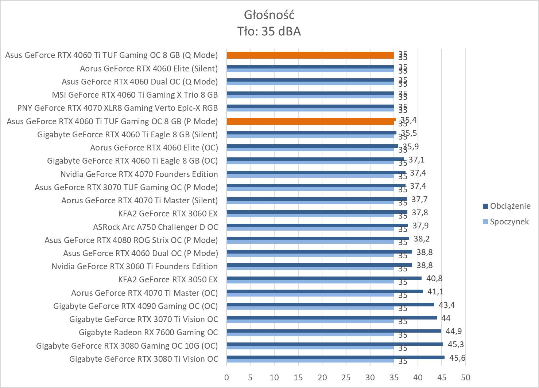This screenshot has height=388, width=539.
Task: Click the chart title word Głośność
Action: (269, 15)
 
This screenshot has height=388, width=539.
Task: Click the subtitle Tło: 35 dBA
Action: (269, 31)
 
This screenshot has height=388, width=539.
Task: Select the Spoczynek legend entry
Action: (509, 222)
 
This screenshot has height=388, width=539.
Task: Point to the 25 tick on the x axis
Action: (346, 377)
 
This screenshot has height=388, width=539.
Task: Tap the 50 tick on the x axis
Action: (465, 377)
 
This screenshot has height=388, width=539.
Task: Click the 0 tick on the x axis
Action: (226, 377)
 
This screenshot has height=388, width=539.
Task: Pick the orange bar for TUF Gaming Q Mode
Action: (310, 55)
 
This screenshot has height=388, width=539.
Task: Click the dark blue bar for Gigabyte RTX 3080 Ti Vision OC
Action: (336, 357)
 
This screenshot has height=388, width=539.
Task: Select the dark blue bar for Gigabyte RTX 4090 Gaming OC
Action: (330, 305)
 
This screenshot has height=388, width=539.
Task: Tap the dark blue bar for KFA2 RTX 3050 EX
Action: (324, 278)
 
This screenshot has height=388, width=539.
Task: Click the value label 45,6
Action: (457, 358)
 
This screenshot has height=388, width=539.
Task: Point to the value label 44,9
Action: (454, 331)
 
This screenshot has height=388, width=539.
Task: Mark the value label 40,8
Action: (434, 278)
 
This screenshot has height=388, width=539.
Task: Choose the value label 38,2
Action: (422, 239)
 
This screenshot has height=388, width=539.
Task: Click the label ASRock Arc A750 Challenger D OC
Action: (155, 227)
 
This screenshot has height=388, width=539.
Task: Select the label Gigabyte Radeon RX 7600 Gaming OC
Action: (148, 332)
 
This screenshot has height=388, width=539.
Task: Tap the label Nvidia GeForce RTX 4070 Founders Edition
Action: (139, 174)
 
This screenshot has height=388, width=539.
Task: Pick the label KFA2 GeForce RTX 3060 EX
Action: (168, 213)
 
